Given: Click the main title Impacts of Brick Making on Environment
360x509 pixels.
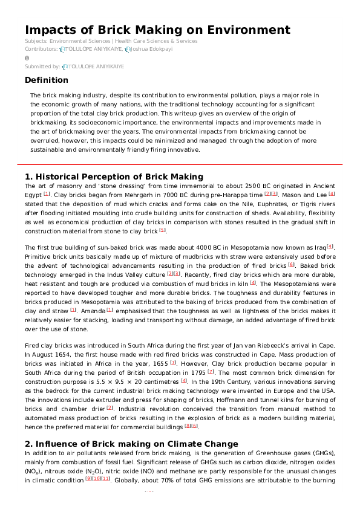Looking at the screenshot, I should coord(157,30).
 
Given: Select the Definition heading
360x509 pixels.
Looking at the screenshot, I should coord(47,80).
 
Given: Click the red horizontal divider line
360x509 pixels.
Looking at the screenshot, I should coord(180,164).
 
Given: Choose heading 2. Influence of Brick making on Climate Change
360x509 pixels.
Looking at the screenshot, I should coord(131,444).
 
